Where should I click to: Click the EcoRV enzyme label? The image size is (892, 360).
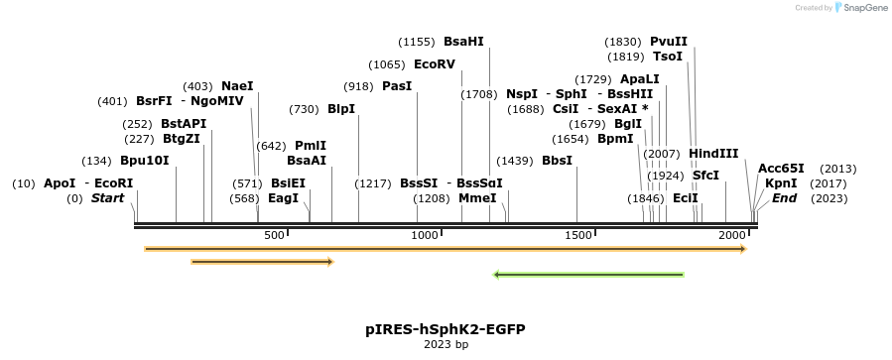click(435, 63)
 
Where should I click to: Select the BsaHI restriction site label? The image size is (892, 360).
click(463, 42)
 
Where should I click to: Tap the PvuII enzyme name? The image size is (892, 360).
click(669, 42)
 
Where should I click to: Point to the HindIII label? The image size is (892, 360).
click(713, 154)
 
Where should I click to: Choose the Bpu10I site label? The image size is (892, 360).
click(145, 161)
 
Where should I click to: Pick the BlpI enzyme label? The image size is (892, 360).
click(341, 108)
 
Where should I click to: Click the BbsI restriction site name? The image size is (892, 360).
click(558, 161)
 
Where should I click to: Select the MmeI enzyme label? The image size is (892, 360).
click(477, 198)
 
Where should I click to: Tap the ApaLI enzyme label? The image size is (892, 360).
click(639, 79)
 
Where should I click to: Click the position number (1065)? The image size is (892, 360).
click(386, 63)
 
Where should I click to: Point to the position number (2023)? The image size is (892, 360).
click(829, 198)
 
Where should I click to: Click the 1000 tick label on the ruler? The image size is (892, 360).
click(425, 235)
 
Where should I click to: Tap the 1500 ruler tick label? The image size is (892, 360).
click(578, 235)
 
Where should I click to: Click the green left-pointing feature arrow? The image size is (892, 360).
click(588, 275)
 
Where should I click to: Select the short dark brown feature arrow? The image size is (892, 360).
click(262, 262)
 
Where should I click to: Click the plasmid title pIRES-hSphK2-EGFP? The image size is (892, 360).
click(446, 328)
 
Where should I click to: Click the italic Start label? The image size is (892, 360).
click(108, 198)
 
